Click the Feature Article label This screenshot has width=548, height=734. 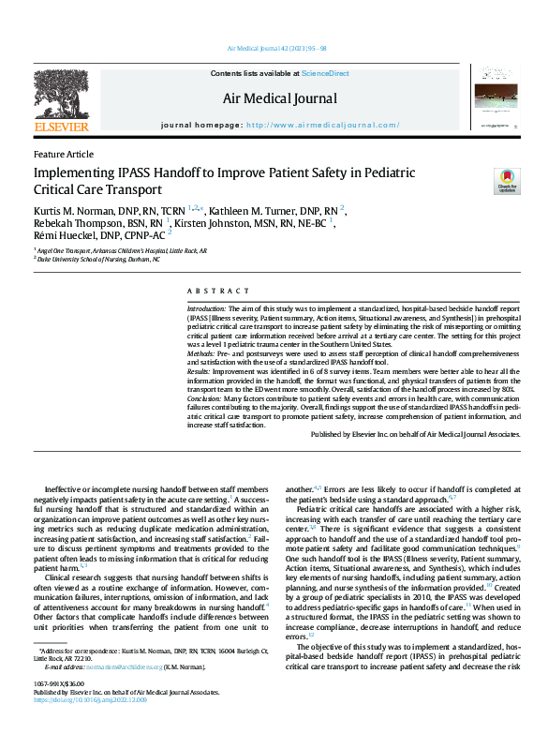click(63, 154)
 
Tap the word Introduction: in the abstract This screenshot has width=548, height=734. click(207, 308)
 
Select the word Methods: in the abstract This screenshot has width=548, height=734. click(202, 352)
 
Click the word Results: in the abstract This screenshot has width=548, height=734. click(200, 371)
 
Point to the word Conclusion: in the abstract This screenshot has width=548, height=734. click(207, 398)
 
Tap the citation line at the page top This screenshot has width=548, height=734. click(276, 47)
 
